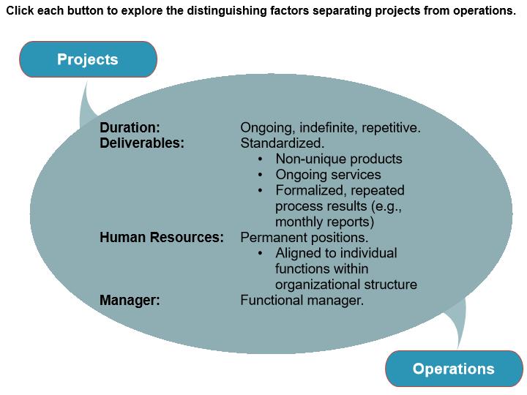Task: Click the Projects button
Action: [88, 59]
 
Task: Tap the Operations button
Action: [454, 369]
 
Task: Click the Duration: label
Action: [130, 128]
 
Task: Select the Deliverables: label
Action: [142, 143]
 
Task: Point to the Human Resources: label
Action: [162, 238]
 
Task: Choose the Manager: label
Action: [130, 300]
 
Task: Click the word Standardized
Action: [282, 143]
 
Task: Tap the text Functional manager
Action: [302, 300]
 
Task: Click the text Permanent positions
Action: [304, 238]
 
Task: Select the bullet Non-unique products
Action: [338, 159]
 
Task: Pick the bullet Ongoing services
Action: [328, 175]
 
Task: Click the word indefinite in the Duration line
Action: [323, 128]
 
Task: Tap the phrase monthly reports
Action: [324, 222]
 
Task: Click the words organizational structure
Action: [345, 285]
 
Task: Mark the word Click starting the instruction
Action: [20, 11]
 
